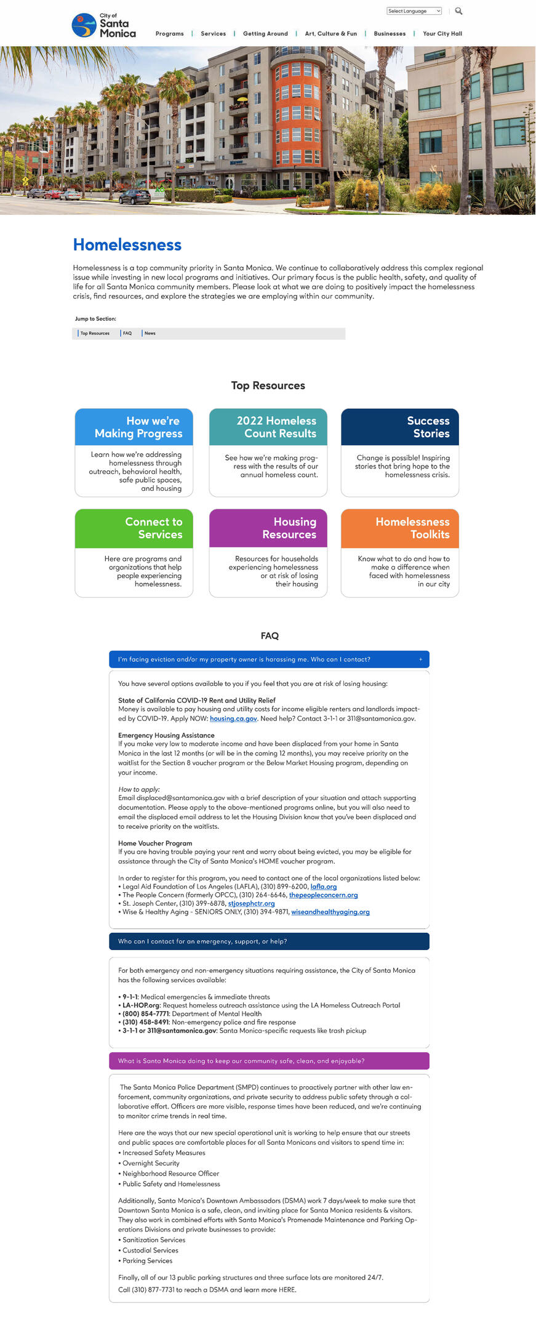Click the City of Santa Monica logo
click(103, 26)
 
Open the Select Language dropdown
click(414, 11)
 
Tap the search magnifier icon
click(458, 11)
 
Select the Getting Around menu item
click(265, 34)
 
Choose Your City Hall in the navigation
click(442, 34)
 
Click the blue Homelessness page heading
click(127, 245)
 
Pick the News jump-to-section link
click(150, 333)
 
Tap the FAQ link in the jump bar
click(127, 333)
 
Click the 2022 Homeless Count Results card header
click(268, 427)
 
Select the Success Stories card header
click(400, 427)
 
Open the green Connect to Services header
click(134, 528)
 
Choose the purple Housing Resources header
click(268, 528)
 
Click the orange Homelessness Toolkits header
click(400, 528)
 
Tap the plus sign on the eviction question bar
click(421, 659)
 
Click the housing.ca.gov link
click(233, 719)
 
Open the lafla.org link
click(324, 887)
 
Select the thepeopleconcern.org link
click(323, 895)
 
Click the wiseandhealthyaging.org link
click(330, 912)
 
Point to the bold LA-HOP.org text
click(142, 1006)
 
